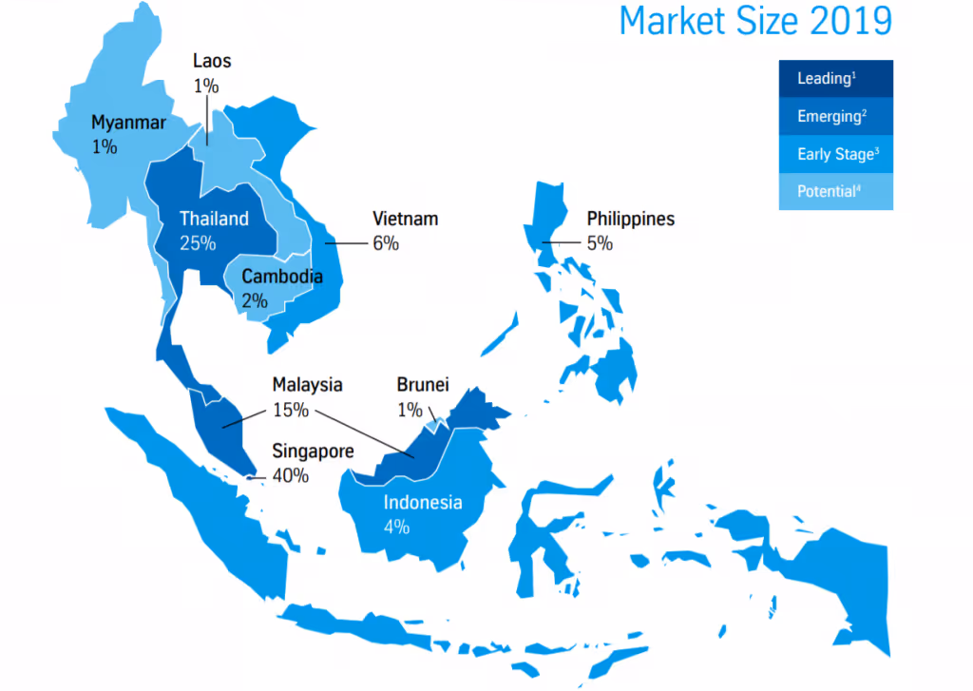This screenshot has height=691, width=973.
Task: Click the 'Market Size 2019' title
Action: pos(755,22)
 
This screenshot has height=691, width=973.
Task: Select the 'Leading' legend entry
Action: pos(823,79)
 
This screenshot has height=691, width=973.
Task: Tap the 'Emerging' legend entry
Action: pos(829,116)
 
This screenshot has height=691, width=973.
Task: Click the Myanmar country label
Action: pos(128,123)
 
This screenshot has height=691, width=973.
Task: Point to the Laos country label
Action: pos(211,62)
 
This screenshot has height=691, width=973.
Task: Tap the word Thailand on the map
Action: pos(214,219)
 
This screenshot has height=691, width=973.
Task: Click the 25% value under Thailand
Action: pos(198,243)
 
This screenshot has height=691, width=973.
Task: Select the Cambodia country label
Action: pos(281,278)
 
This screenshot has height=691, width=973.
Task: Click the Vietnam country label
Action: pos(405,219)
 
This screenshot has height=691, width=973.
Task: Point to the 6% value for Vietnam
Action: pos(386,243)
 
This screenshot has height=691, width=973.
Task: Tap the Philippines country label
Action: pos(630,219)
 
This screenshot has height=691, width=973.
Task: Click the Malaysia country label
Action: pos(307,385)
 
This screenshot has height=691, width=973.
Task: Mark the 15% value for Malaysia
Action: pos(291,411)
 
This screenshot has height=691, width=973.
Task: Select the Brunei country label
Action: pos(422,385)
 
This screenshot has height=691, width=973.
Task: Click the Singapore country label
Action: pos(313,451)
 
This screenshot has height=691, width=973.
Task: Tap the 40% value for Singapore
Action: pos(291,475)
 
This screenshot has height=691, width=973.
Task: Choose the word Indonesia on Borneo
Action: pos(423,502)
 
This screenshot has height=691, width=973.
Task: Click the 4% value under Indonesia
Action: pos(397,527)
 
